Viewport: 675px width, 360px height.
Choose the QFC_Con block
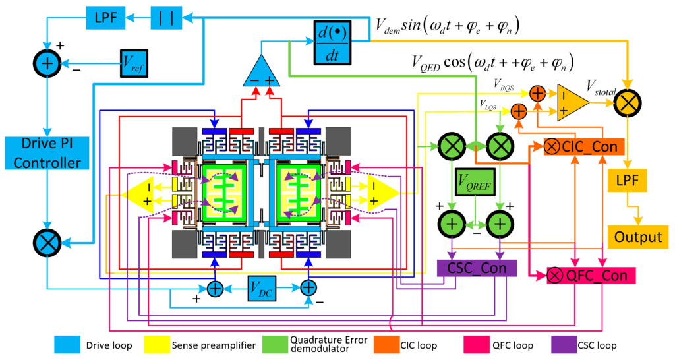pos(591,274)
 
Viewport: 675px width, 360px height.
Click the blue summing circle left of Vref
pos(47,63)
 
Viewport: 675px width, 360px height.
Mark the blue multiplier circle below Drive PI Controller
pos(47,243)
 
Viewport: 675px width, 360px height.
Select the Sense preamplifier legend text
pos(210,345)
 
